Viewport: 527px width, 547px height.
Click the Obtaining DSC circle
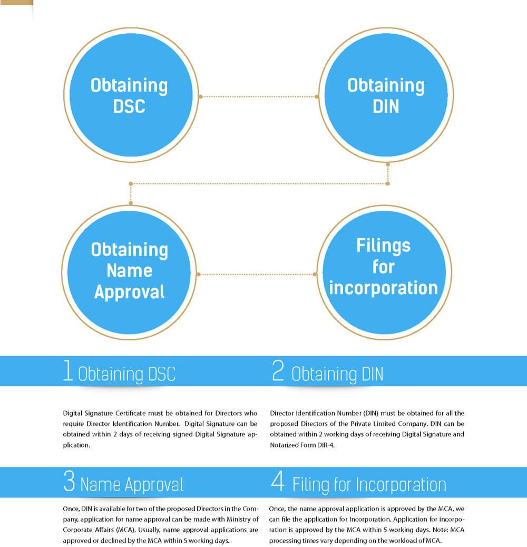point(131,95)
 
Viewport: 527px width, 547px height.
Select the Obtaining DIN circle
point(386,95)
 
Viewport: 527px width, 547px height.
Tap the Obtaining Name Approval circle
point(129,272)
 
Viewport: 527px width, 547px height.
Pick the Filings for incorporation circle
point(384,272)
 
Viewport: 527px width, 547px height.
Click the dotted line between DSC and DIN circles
point(258,96)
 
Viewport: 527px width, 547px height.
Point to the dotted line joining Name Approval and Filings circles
point(257,275)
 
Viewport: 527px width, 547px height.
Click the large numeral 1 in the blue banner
point(67,370)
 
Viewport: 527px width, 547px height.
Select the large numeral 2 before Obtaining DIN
point(278,370)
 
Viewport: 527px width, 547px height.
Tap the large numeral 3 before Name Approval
point(69,481)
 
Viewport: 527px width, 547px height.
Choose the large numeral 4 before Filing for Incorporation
point(278,481)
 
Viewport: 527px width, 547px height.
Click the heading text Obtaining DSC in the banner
point(126,374)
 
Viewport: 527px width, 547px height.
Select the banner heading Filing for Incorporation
point(369,485)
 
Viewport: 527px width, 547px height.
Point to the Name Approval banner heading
point(132,485)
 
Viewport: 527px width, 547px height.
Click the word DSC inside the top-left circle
point(129,106)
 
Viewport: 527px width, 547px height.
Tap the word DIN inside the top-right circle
point(386,106)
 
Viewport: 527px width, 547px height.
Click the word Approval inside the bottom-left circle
point(130,292)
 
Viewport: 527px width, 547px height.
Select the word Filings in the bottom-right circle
point(383,246)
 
